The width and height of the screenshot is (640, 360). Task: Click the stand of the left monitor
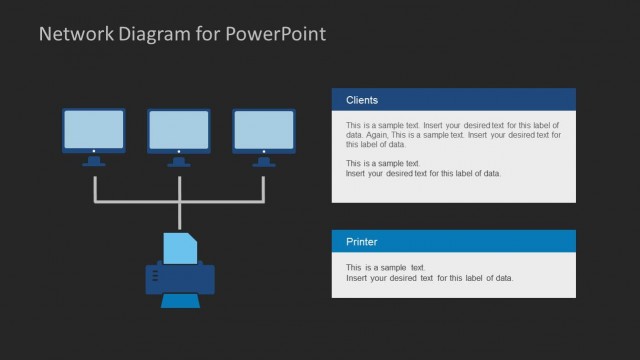click(94, 160)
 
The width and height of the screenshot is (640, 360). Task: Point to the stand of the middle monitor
click(179, 160)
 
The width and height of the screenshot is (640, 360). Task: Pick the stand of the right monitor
click(264, 160)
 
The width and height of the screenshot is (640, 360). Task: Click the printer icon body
click(180, 278)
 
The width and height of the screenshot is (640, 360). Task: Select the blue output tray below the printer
click(180, 301)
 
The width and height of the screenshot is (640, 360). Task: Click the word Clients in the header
click(362, 100)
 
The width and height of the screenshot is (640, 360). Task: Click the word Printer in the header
click(362, 242)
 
